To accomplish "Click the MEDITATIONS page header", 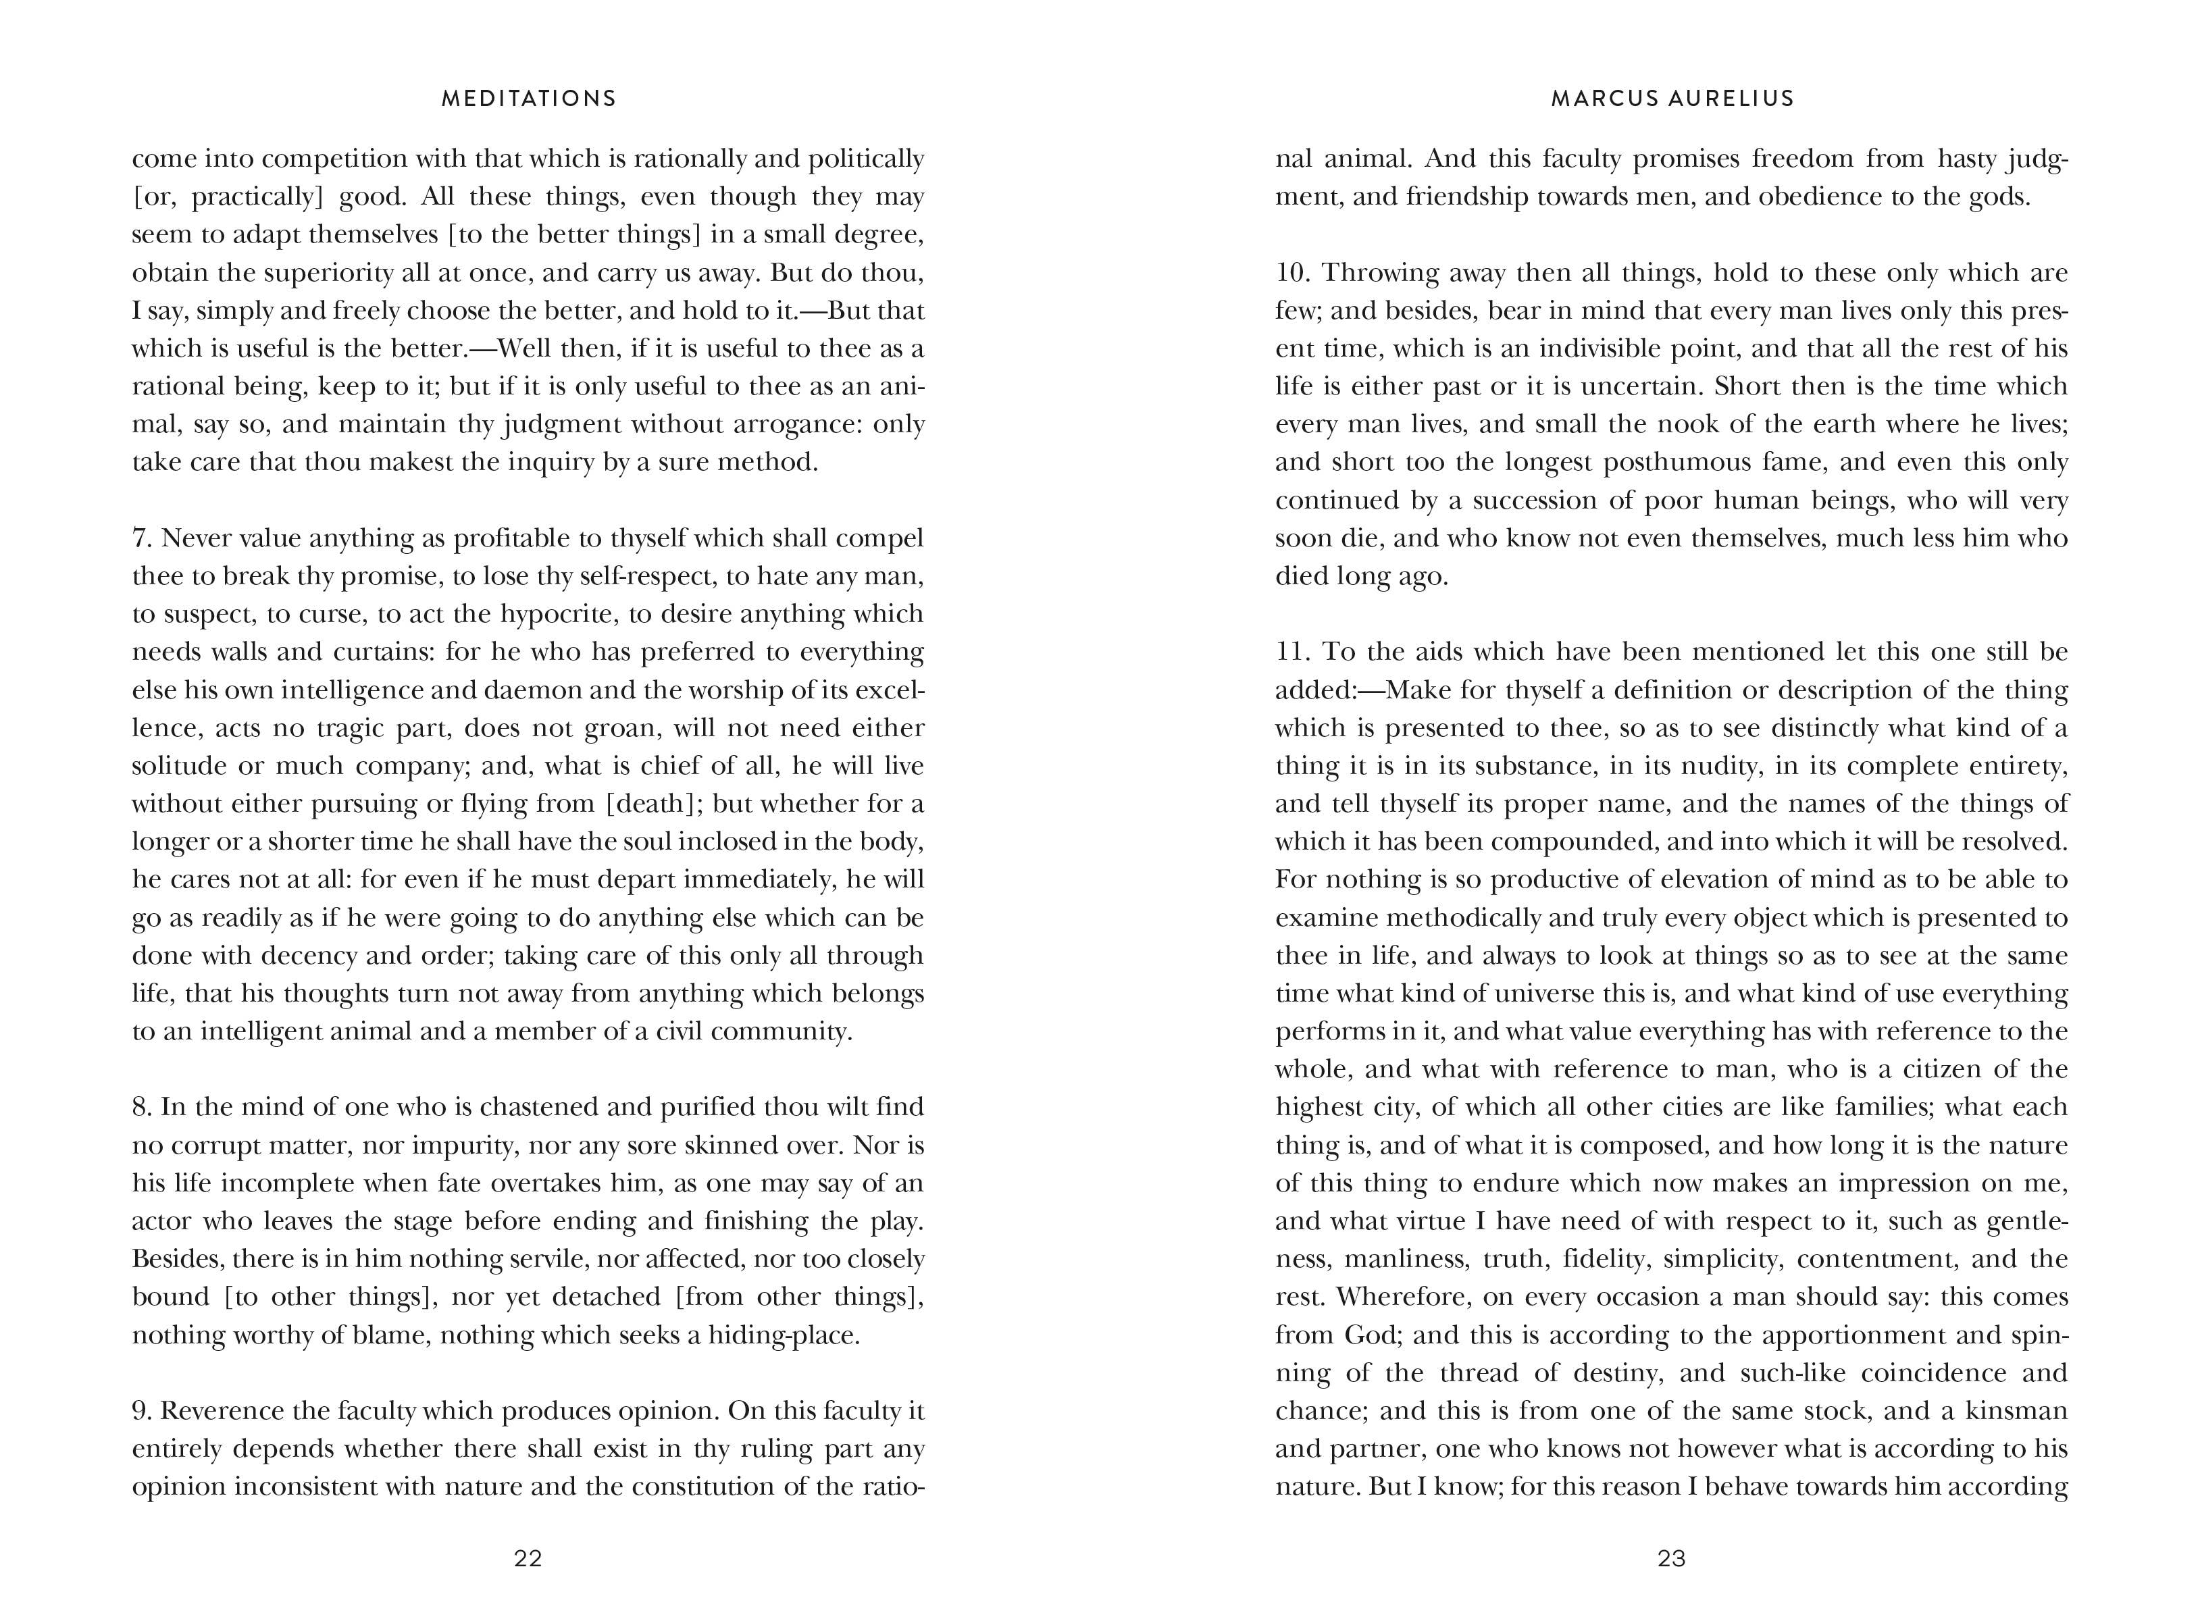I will click(529, 98).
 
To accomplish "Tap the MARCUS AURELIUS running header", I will click(1672, 98).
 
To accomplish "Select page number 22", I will click(528, 1558).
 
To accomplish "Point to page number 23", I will click(1671, 1558).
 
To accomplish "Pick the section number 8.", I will click(141, 1107).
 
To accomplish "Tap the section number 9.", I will click(141, 1410).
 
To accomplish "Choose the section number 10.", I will click(1291, 273).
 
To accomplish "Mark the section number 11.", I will click(1291, 652).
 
